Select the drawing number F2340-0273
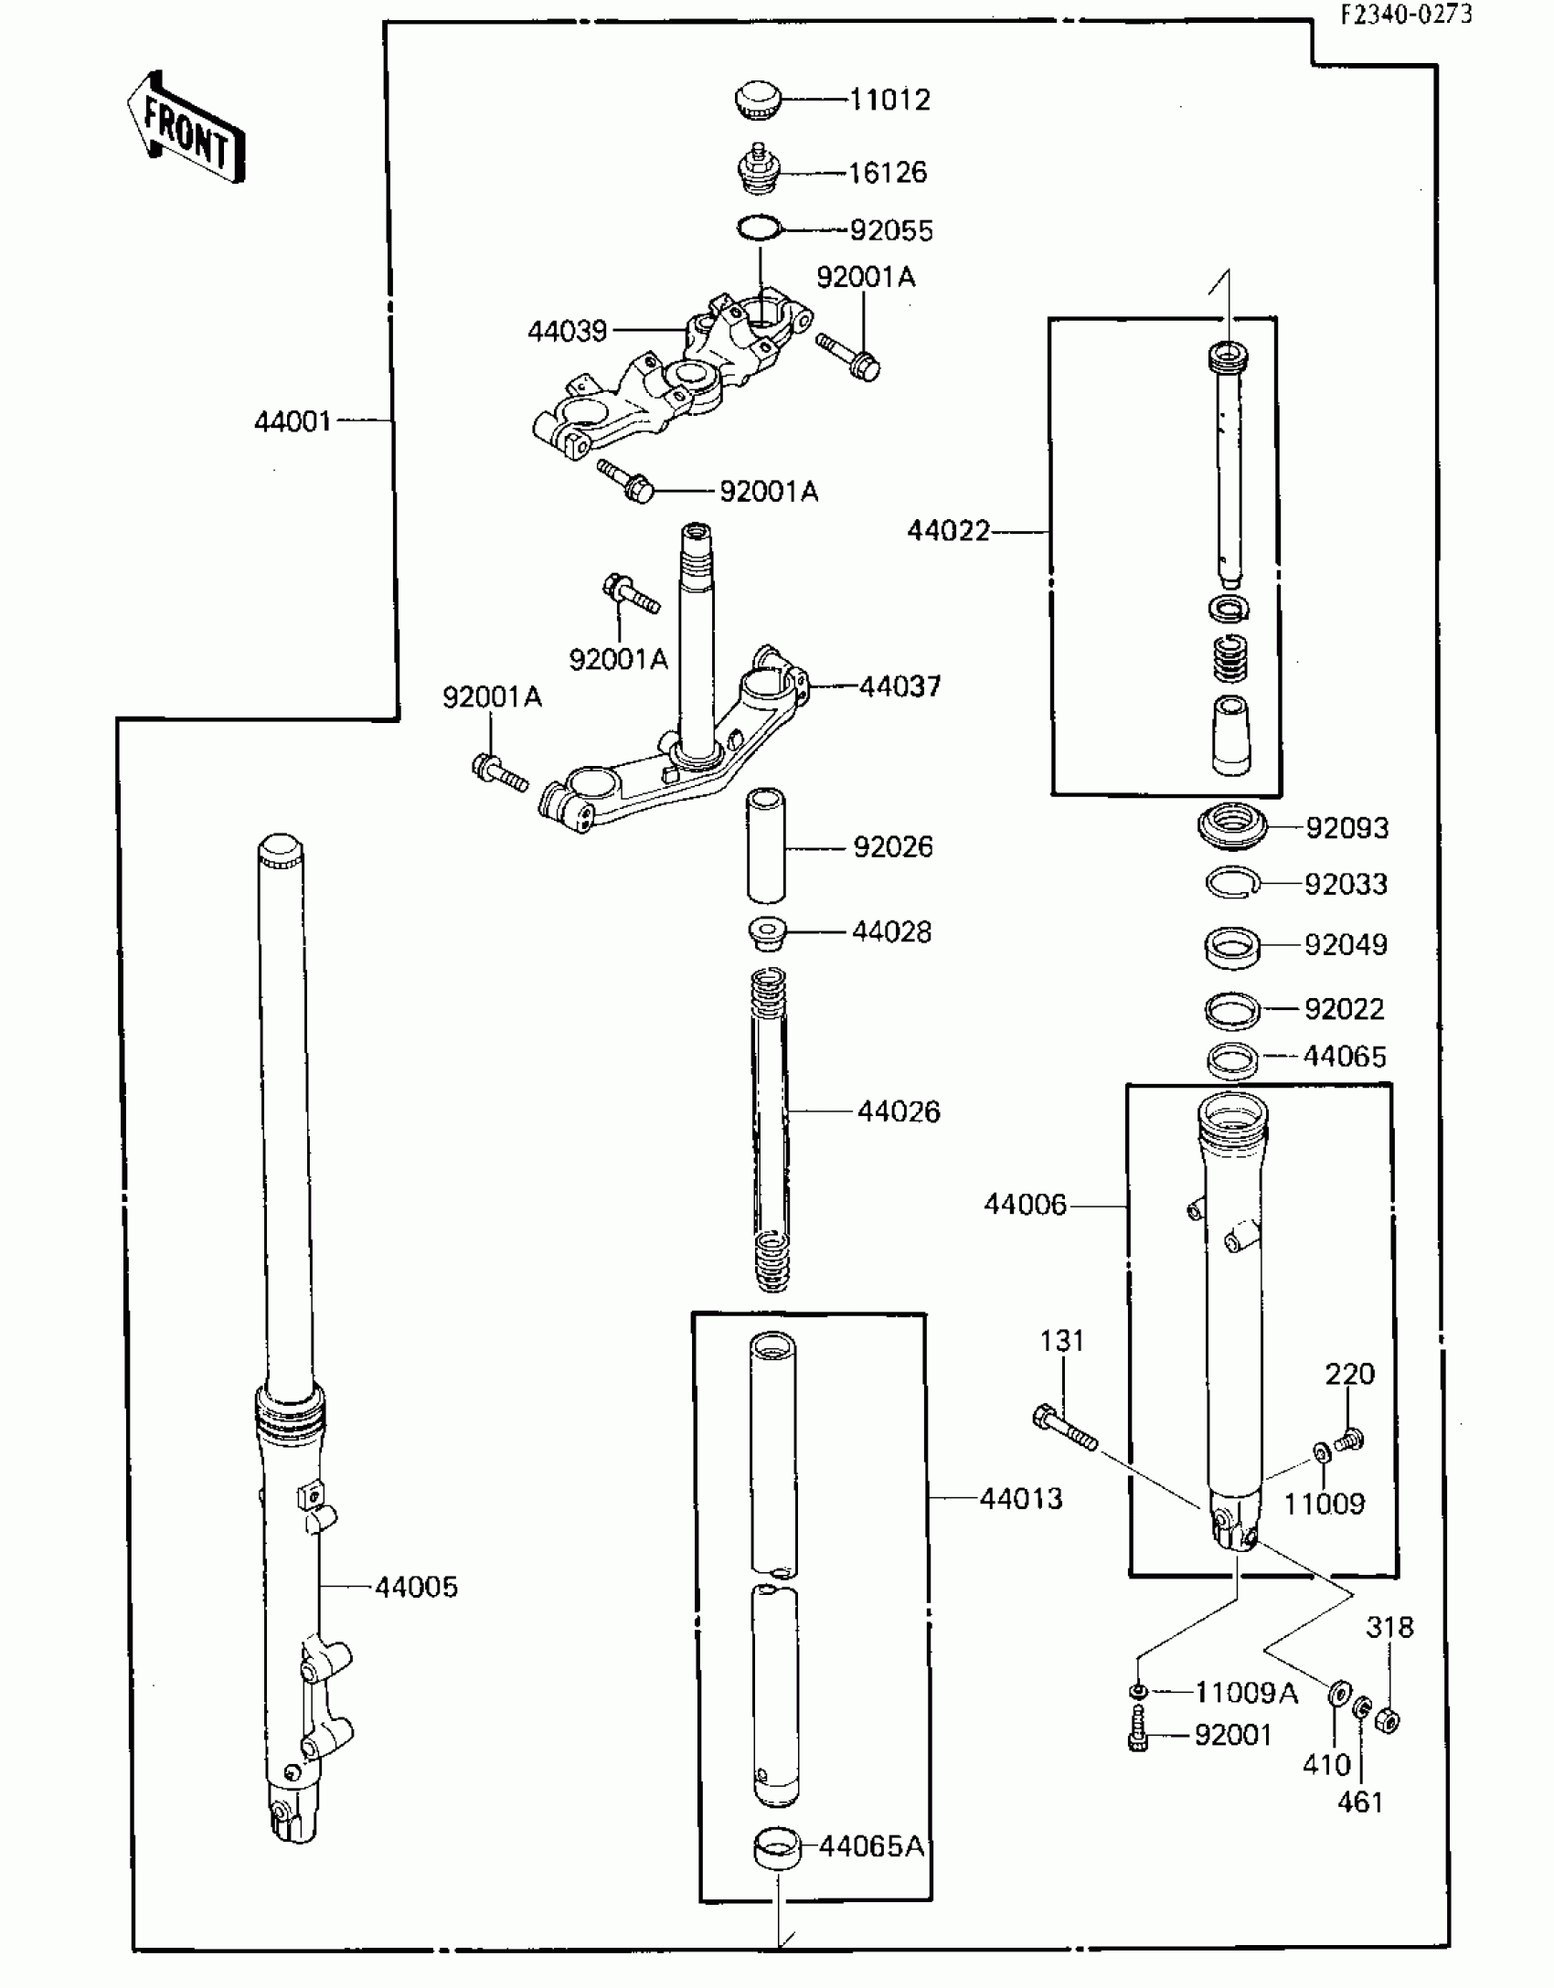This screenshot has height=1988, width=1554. point(1407,15)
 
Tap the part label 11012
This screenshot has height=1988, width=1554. point(889,99)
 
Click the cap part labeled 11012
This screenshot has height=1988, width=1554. point(757,99)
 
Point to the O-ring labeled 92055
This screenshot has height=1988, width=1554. point(760,228)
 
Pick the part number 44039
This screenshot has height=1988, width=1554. point(567,331)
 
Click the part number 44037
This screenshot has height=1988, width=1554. point(899,686)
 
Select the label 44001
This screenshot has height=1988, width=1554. point(293,421)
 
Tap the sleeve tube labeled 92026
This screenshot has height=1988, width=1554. point(767,845)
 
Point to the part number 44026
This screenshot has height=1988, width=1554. point(899,1111)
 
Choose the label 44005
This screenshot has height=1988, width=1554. point(416,1587)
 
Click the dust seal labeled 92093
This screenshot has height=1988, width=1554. point(1233,826)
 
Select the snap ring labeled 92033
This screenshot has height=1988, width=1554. point(1232,883)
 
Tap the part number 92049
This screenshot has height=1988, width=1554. point(1346,944)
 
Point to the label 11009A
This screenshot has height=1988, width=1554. point(1246,1693)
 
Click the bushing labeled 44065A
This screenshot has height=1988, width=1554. point(775,1847)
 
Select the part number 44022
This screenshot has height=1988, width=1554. point(948,531)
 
